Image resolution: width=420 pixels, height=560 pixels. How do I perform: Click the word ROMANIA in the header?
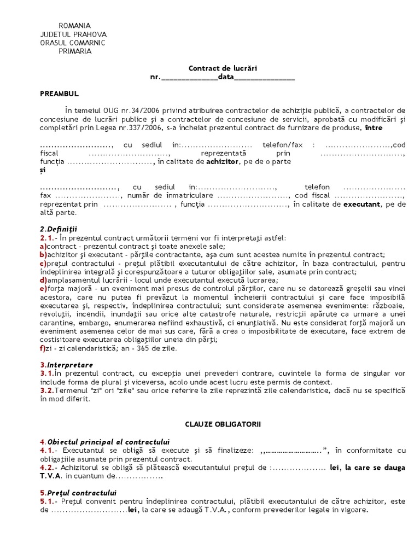(x=74, y=26)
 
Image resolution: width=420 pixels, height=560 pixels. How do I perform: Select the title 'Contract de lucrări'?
(x=223, y=68)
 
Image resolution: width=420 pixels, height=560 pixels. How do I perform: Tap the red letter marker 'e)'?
(x=43, y=288)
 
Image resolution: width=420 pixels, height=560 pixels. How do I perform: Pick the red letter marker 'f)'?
(x=42, y=347)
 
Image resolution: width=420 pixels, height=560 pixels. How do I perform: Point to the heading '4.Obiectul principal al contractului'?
(x=105, y=441)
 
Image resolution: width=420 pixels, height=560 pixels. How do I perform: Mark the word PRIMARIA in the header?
(x=74, y=51)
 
